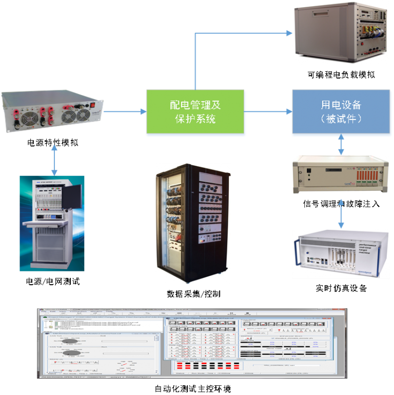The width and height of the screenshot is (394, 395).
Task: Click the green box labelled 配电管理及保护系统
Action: pyautogui.click(x=195, y=112)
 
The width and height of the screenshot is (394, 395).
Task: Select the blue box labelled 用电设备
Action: pyautogui.click(x=341, y=112)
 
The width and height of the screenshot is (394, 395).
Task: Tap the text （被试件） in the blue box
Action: pyautogui.click(x=341, y=119)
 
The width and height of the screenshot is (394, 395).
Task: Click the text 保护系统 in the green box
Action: pyautogui.click(x=195, y=120)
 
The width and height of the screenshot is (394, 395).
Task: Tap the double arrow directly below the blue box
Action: pyautogui.click(x=341, y=146)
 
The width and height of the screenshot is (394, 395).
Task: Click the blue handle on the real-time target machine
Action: pyautogui.click(x=298, y=256)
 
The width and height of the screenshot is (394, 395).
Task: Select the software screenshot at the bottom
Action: pyautogui.click(x=191, y=343)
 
